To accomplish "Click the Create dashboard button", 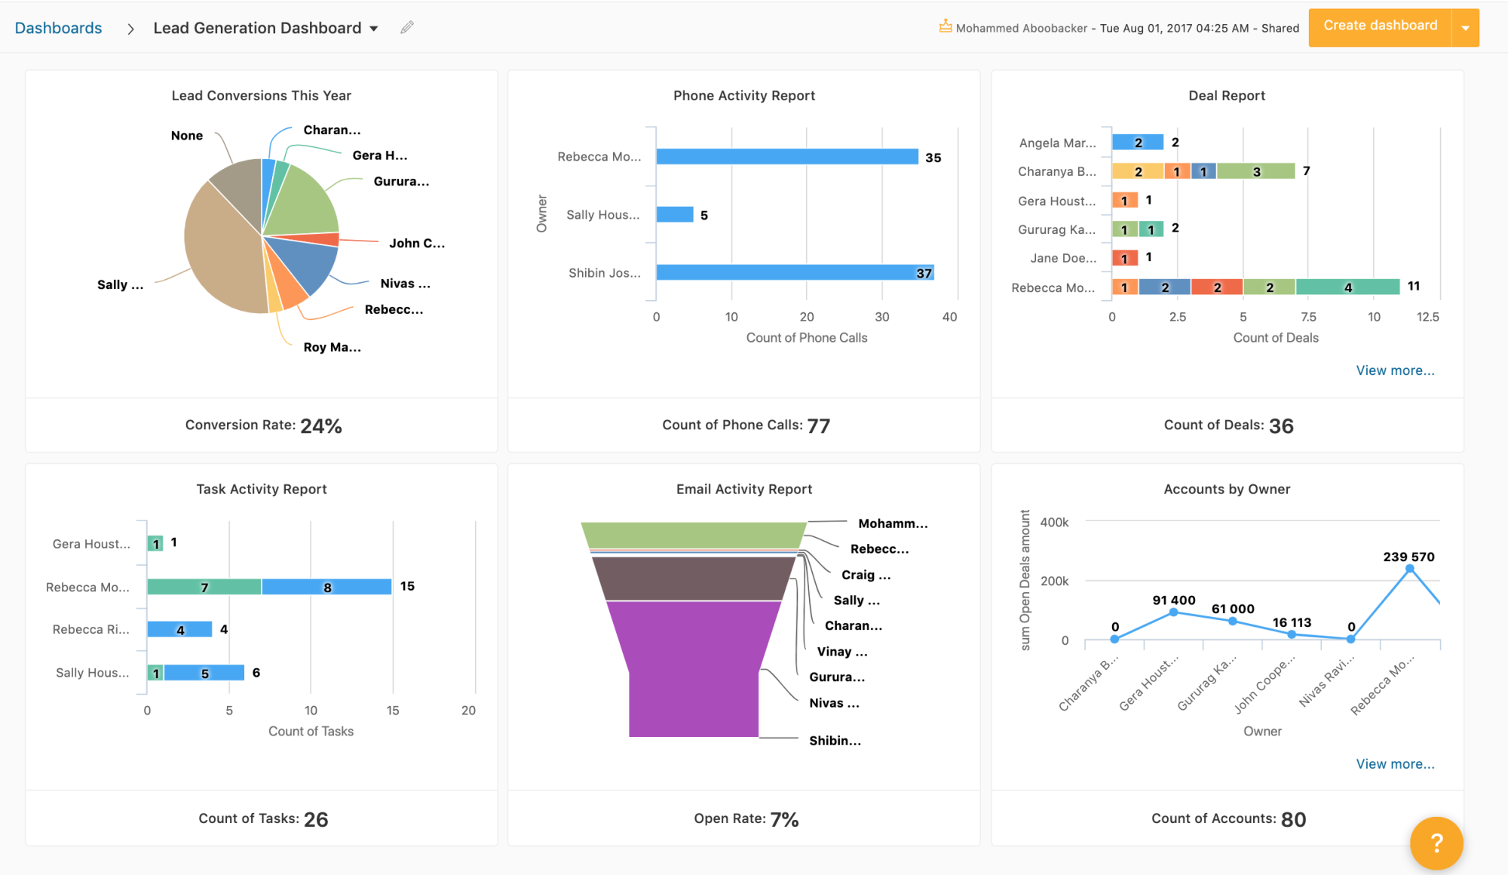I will pos(1379,26).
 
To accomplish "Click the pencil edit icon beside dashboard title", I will pos(407,27).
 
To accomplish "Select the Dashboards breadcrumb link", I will pos(58,28).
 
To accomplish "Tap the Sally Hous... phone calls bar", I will pos(674,214).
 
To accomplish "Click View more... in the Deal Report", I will pos(1395,370).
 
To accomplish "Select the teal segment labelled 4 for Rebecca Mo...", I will pos(1347,287).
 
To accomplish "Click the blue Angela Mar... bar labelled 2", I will pos(1138,142).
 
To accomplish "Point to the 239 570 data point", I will pos(1409,570).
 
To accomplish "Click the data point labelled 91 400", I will pos(1173,612).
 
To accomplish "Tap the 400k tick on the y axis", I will pos(1054,522).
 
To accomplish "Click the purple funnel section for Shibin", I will pos(694,679).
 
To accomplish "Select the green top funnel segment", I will pos(694,534).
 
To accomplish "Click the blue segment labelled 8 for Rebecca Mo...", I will pos(326,587).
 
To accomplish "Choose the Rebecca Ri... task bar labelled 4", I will pos(179,629).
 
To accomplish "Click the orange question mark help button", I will pos(1436,843).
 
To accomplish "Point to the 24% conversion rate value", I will pos(321,426).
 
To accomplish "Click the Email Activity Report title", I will pos(743,489).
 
